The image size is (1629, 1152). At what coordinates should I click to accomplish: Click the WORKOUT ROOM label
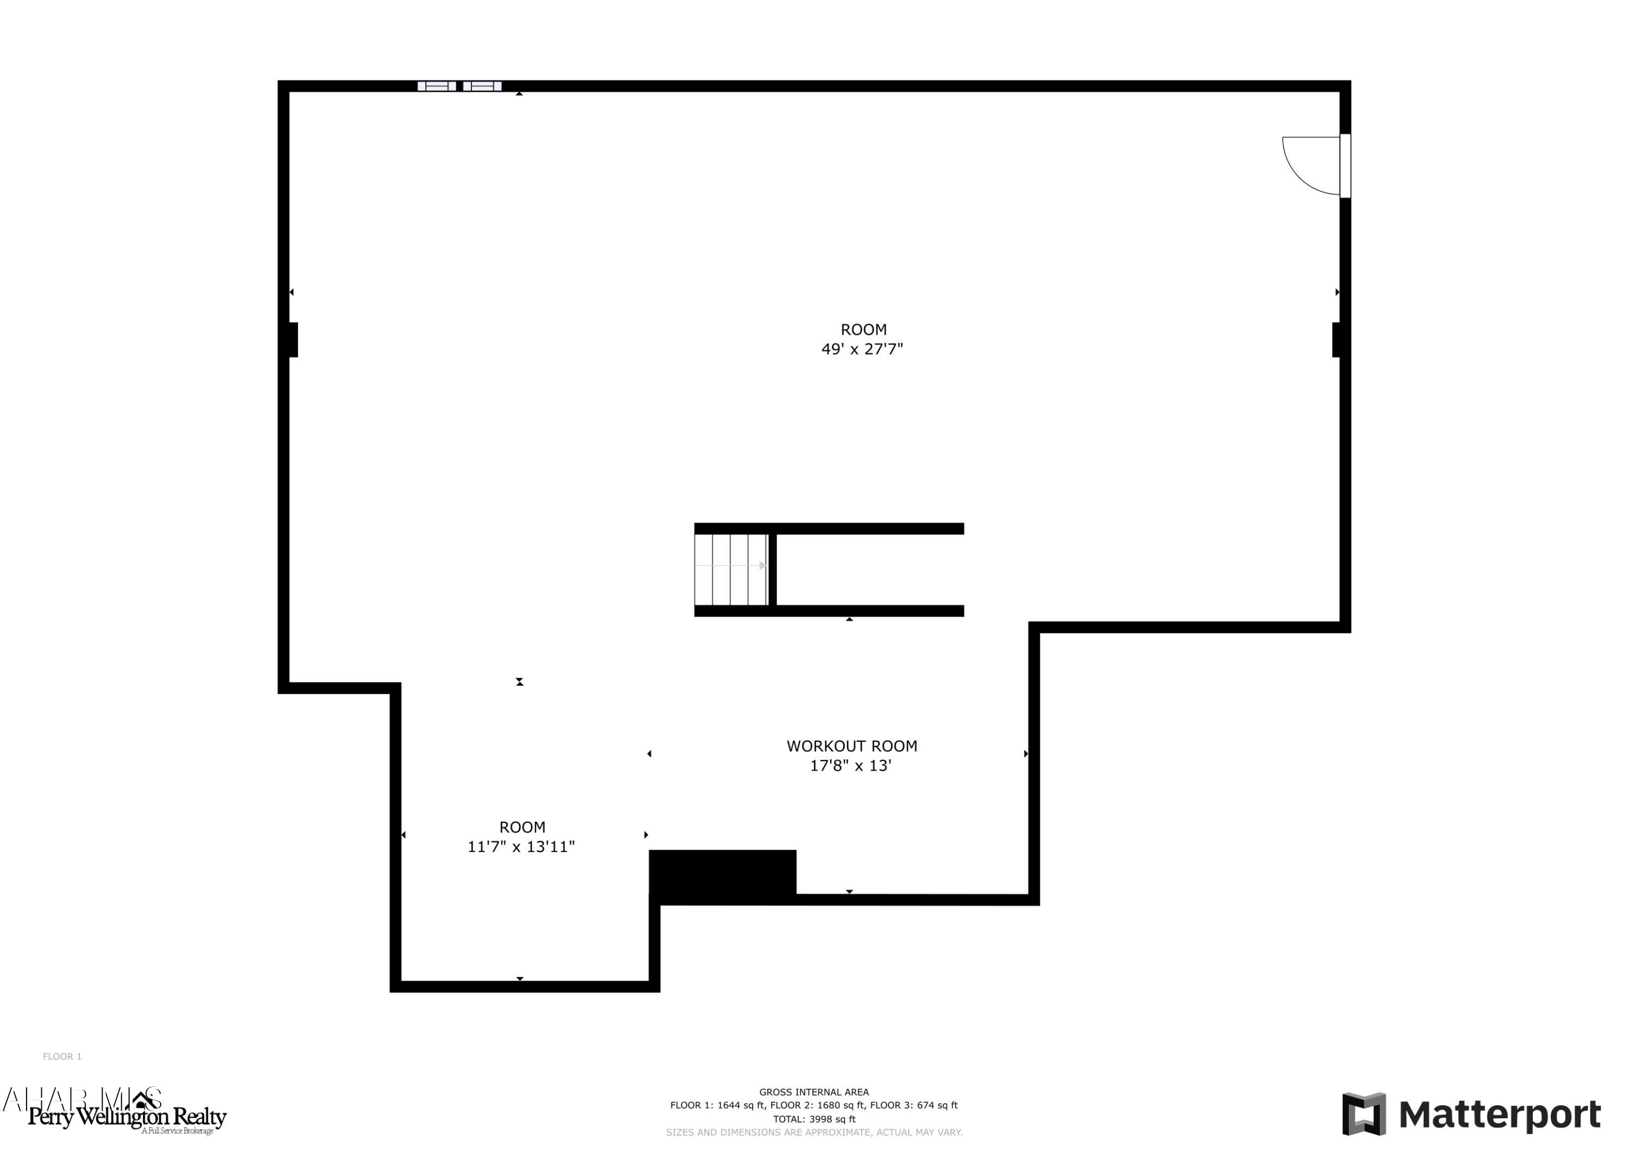(x=851, y=746)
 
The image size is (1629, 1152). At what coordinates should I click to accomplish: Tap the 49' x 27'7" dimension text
(x=862, y=349)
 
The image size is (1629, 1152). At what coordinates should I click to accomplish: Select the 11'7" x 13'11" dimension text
(x=521, y=847)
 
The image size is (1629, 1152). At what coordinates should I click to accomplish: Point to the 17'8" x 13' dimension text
(x=851, y=766)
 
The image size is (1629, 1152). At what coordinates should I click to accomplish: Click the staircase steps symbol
(x=731, y=569)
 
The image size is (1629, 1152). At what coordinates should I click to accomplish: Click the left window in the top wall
(x=437, y=86)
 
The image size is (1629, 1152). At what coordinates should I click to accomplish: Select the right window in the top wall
(x=483, y=86)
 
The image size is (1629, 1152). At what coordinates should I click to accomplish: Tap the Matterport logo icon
(x=1363, y=1113)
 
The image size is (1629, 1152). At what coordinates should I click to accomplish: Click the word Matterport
(x=1499, y=1115)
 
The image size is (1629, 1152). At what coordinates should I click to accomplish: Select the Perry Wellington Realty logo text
(x=127, y=1117)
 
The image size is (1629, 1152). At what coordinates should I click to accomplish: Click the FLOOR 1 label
(x=62, y=1057)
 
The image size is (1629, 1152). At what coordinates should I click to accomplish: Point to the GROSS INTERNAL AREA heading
(x=814, y=1092)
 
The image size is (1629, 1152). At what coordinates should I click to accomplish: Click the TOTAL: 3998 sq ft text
(x=814, y=1119)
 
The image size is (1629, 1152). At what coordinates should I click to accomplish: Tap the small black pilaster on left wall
(x=292, y=339)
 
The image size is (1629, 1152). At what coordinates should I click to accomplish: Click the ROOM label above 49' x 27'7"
(x=863, y=329)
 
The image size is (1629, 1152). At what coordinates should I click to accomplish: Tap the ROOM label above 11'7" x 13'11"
(x=522, y=827)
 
